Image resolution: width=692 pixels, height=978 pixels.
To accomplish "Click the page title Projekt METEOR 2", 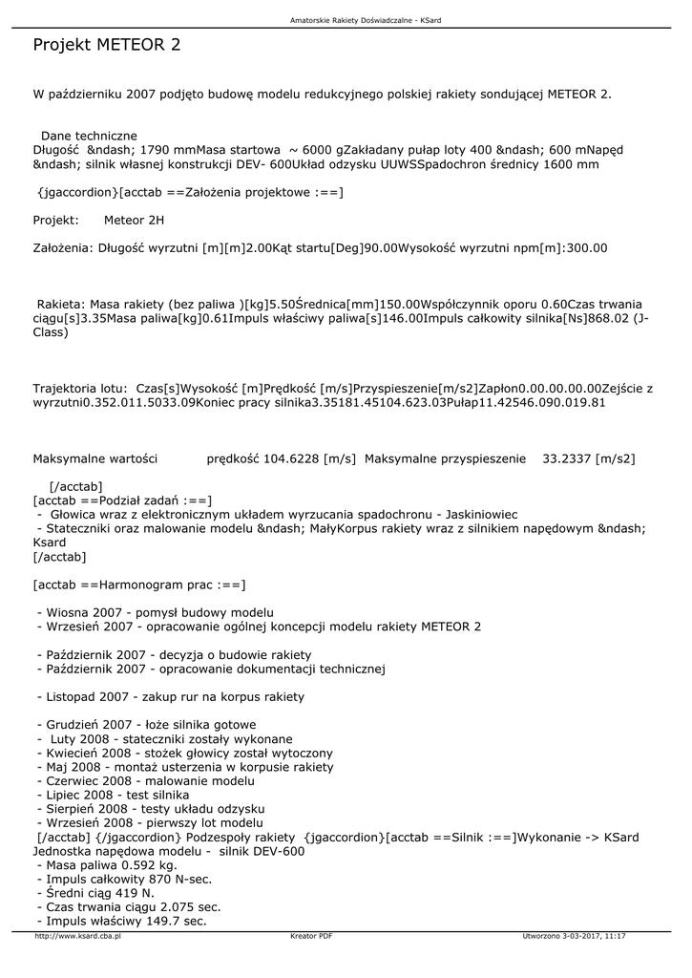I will (107, 45).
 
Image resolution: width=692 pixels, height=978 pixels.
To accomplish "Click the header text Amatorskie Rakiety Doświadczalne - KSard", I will (346, 19).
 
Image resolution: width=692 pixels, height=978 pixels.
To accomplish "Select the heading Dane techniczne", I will (89, 136).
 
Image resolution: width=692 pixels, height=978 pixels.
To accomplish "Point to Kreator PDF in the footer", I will (311, 936).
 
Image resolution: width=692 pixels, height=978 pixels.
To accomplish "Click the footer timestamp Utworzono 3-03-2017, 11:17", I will (575, 936).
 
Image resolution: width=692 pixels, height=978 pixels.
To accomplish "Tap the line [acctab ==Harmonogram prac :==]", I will (139, 584).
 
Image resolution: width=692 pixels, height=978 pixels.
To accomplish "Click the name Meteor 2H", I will (134, 220).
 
